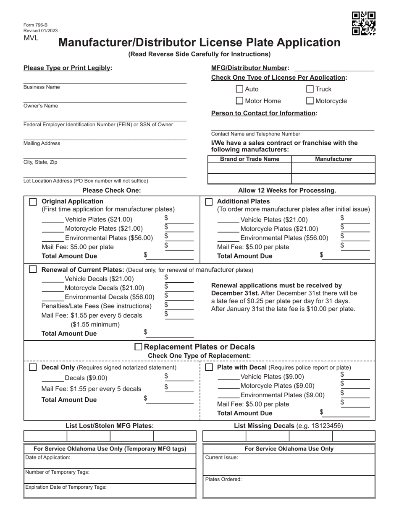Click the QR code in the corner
(363, 23)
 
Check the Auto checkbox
(239, 89)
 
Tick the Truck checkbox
(310, 89)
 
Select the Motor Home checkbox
(239, 101)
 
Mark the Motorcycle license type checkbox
(310, 101)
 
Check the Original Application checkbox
(33, 202)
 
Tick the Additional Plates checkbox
(209, 202)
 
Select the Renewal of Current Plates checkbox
(33, 269)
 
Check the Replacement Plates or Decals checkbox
(138, 347)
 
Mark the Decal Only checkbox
(33, 367)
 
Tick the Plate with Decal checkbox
(209, 367)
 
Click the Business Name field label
(42, 87)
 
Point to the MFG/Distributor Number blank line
(334, 68)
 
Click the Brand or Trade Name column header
(249, 159)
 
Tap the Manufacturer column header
(333, 159)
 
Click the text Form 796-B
(35, 25)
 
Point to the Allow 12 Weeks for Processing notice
(287, 190)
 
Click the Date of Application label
(47, 458)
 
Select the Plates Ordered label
(223, 479)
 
